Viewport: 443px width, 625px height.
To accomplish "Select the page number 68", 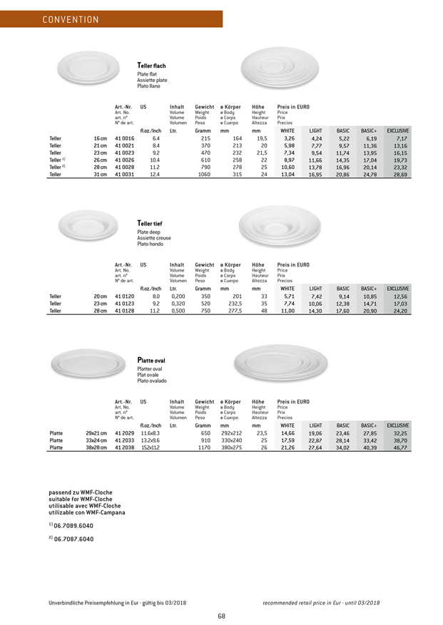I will (x=222, y=616).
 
